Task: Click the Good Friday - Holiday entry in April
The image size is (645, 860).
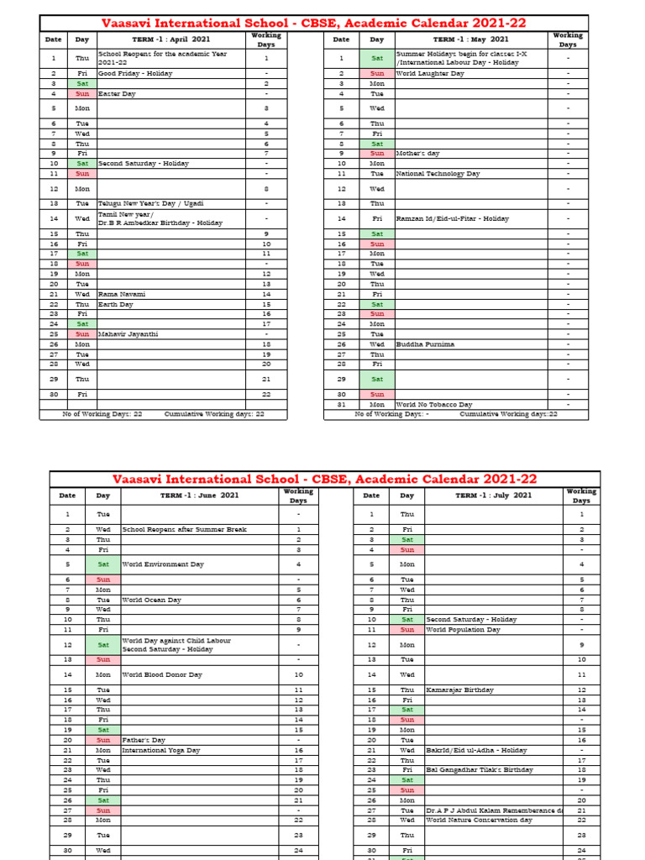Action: [x=135, y=74]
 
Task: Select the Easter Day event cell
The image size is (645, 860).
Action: [x=117, y=94]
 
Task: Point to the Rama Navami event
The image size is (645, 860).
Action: [x=122, y=294]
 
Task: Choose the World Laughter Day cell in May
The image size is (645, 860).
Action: [x=429, y=74]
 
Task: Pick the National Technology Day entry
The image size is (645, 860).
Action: [x=438, y=174]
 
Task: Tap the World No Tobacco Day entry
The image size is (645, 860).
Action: [x=434, y=405]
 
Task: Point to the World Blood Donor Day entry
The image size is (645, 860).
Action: [x=162, y=674]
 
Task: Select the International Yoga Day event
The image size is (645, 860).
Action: [x=161, y=750]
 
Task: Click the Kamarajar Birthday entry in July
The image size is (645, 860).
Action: [x=459, y=690]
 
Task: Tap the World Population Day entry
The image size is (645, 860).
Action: [x=463, y=629]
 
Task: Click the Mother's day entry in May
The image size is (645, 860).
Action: [x=417, y=154]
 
